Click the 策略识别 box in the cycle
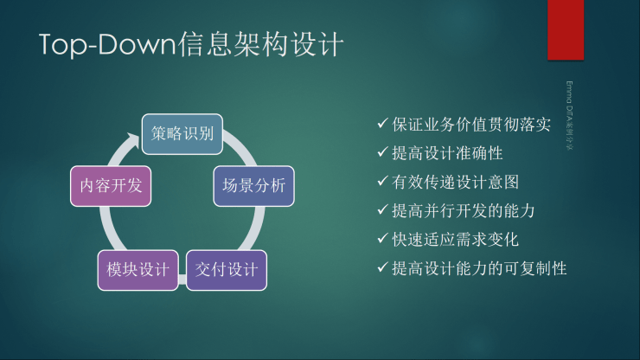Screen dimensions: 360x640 click(x=182, y=134)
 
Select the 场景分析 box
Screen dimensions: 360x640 click(x=253, y=185)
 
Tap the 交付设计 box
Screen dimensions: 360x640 click(x=226, y=269)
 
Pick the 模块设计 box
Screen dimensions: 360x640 click(x=138, y=269)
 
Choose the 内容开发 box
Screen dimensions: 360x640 click(x=110, y=185)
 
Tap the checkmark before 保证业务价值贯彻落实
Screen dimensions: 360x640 click(x=382, y=125)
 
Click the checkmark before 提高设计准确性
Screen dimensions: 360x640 click(x=382, y=154)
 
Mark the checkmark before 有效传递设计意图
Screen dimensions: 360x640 click(x=382, y=183)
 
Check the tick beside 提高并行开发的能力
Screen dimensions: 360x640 click(x=382, y=210)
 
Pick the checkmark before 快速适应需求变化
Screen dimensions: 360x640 click(x=382, y=239)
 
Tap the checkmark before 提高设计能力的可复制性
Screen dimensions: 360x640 click(x=382, y=267)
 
